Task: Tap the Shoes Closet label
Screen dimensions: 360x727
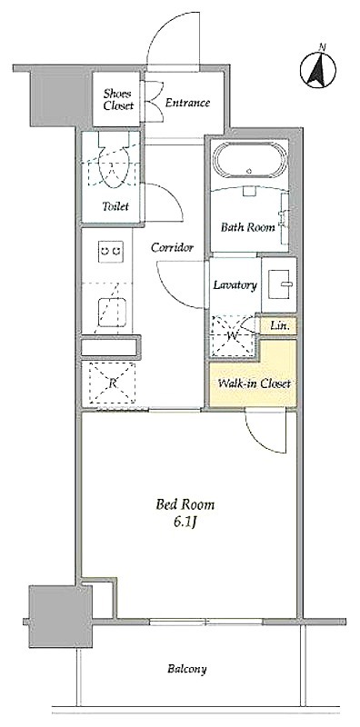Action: (x=118, y=99)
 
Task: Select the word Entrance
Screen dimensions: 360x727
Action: (x=187, y=103)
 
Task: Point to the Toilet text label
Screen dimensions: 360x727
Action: (x=115, y=206)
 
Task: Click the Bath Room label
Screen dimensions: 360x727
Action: (x=247, y=227)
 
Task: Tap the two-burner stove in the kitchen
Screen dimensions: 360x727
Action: (x=111, y=252)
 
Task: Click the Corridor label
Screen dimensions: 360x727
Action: (x=172, y=247)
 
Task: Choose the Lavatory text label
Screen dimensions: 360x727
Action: (x=235, y=285)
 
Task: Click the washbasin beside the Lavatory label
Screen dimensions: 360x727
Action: (x=279, y=284)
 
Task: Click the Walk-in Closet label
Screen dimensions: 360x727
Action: (x=255, y=383)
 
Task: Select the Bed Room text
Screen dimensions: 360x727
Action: (x=185, y=504)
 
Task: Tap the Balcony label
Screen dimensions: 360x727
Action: (x=187, y=669)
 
